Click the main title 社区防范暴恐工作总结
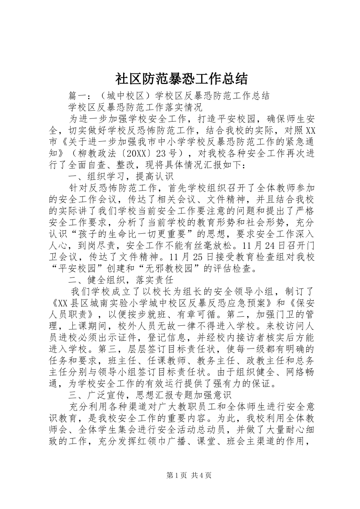point(180,79)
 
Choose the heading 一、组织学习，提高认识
point(121,176)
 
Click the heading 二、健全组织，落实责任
point(121,280)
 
